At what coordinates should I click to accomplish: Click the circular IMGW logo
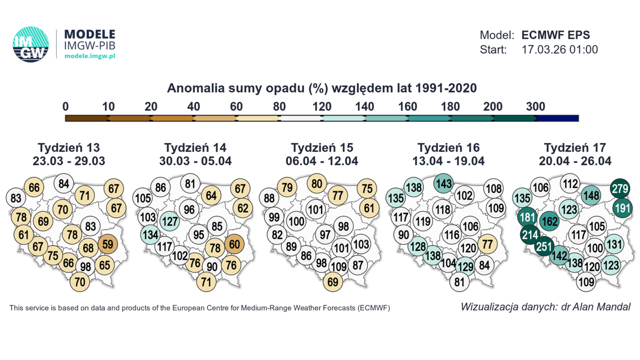coord(31,44)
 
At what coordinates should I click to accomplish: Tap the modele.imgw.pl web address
coord(90,56)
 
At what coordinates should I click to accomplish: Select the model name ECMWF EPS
coord(555,35)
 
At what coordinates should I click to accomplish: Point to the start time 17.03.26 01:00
coord(559,50)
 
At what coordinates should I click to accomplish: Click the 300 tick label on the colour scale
coord(535,106)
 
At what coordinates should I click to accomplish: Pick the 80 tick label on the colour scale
coord(279,106)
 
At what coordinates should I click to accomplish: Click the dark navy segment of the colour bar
coord(557,118)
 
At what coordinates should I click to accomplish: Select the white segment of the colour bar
coord(300,118)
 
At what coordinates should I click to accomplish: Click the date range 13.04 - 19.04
coord(449,161)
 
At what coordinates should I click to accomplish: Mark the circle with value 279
coord(620,188)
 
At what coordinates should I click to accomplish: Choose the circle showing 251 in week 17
coord(543,246)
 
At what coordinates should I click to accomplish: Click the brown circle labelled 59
coord(108,244)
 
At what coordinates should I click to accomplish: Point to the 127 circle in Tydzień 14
coord(169,220)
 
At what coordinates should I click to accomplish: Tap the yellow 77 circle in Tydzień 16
coord(487,244)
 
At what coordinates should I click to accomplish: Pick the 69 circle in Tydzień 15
coord(333,282)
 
